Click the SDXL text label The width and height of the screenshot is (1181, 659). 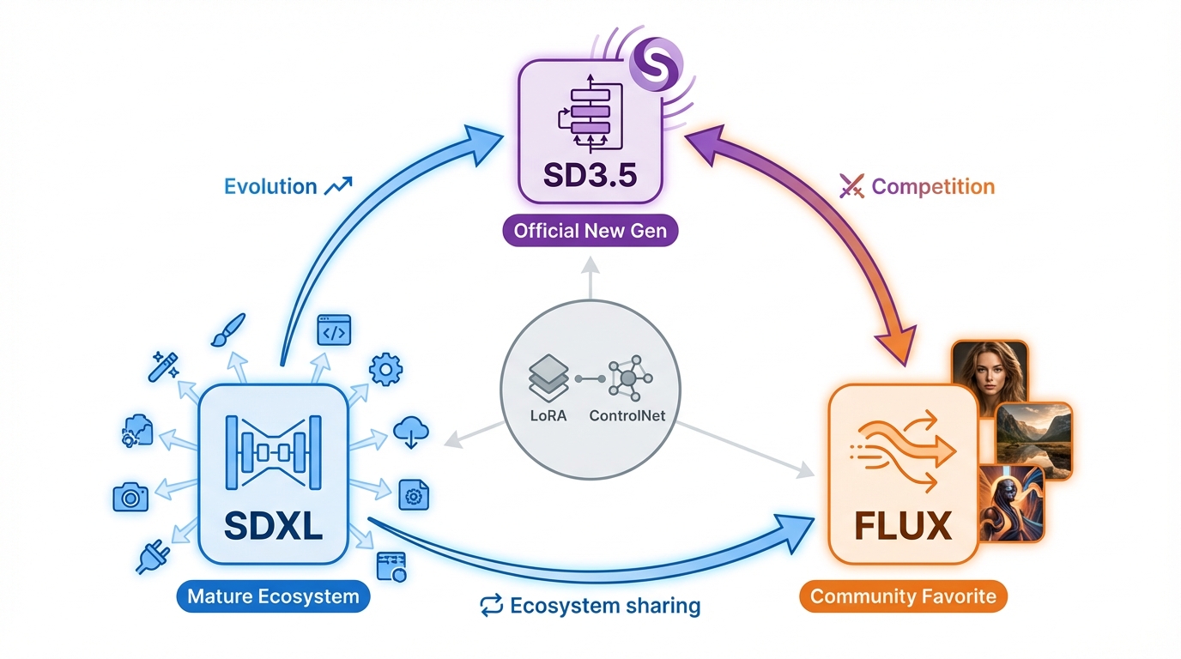(273, 525)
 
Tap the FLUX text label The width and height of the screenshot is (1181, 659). (903, 525)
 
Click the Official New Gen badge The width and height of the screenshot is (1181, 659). (590, 231)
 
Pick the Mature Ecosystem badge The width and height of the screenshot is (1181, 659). (273, 596)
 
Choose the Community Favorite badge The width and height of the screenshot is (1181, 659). (903, 596)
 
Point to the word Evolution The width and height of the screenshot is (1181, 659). (270, 186)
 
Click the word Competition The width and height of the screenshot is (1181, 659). (933, 186)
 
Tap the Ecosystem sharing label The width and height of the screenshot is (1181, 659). (605, 606)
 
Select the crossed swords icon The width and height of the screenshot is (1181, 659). (851, 186)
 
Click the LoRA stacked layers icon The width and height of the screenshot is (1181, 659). (548, 378)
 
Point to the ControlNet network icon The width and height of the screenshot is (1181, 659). (627, 378)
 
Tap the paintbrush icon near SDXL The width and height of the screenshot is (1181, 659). (228, 329)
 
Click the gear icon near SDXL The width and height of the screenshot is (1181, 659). (385, 369)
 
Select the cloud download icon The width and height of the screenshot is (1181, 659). (411, 432)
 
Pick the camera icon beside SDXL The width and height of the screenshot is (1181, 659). (130, 496)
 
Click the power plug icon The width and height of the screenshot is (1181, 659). (153, 558)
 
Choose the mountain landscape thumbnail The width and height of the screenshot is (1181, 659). (1034, 439)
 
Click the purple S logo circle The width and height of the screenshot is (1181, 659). (656, 65)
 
